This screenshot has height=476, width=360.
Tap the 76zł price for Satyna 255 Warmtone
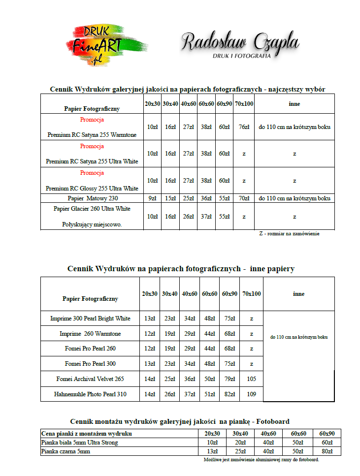pos(244,127)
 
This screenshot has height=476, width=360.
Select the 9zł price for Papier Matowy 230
pos(152,198)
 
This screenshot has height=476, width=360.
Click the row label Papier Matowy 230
pos(93,198)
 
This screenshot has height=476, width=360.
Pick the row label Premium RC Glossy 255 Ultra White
pos(92,189)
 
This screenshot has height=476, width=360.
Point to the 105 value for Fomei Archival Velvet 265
pos(251,379)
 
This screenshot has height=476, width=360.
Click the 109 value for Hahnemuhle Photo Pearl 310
pos(251,394)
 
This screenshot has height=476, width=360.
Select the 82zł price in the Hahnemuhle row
pos(229,394)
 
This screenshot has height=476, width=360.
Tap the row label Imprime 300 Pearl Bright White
pos(90,318)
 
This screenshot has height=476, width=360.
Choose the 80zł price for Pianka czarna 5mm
pos(327,451)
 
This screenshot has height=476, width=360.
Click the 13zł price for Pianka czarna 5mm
pos(212,451)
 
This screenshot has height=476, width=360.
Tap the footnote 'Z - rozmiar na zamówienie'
pos(289,234)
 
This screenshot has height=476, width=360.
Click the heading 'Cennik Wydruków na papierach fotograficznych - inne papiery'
pos(181,269)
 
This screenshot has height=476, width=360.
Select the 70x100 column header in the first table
pos(244,104)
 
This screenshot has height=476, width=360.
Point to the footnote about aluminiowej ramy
pos(261,459)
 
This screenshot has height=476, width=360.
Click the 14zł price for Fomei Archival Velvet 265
pos(150,379)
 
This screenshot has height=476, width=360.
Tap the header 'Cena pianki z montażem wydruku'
pos(87,434)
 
